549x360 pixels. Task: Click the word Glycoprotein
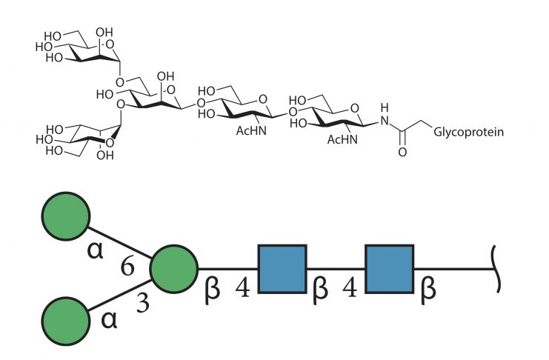pos(468,133)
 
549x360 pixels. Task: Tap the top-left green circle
pos(66,216)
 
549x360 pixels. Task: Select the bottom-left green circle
pos(66,321)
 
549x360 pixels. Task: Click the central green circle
pos(174,269)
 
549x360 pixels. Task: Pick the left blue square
pos(282,269)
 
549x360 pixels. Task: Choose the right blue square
pos(390,269)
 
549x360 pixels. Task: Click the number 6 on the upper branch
pos(127,267)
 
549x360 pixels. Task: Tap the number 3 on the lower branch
pos(142,303)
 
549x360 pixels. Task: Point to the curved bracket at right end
pos(496,269)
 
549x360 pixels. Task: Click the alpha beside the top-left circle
pos(96,250)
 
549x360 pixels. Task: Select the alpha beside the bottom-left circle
pos(109,320)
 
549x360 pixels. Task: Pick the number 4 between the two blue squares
pos(350,288)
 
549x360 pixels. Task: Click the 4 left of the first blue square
pos(242,288)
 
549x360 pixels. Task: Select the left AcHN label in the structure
pos(251,130)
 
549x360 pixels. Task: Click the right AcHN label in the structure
pos(342,139)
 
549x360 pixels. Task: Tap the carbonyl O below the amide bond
pos(402,152)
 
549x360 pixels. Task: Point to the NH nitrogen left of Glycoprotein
pos(385,121)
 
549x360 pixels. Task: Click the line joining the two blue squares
pos(336,269)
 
